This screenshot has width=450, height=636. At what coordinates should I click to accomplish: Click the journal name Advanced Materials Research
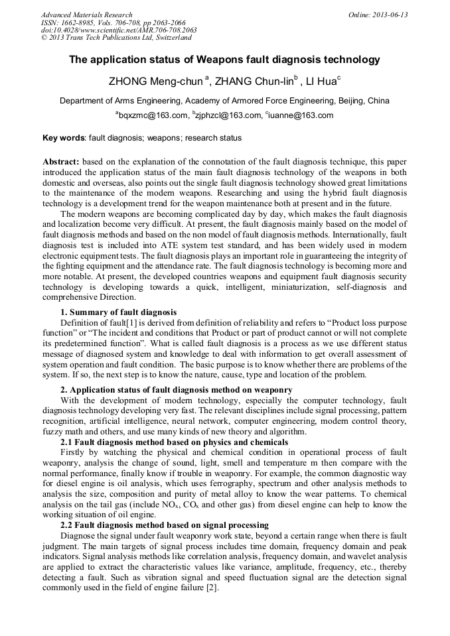pyautogui.click(x=86, y=15)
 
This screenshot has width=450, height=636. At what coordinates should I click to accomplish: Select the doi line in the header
pyautogui.click(x=118, y=31)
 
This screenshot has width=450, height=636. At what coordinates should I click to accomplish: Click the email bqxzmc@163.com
pyautogui.click(x=153, y=115)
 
